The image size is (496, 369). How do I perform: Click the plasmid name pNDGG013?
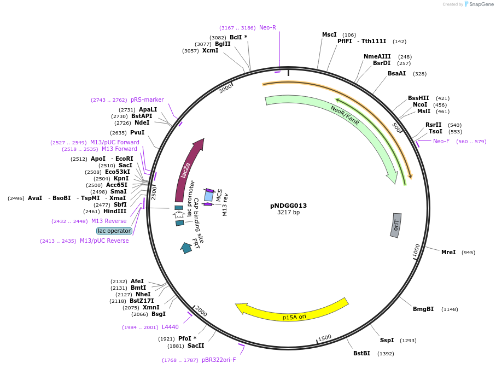pos(288,206)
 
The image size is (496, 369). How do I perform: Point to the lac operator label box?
pos(114,231)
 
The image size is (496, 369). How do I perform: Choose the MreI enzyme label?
pos(448,252)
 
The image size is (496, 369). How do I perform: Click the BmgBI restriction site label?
pos(423,309)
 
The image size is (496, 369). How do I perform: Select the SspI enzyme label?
pos(387,340)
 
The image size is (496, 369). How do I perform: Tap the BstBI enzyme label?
pos(361,353)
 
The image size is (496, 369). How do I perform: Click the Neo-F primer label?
pos(441,142)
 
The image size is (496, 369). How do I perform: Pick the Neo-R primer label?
pos(267,27)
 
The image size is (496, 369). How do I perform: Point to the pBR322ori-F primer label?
pos(219,360)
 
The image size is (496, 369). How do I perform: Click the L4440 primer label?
pos(170,327)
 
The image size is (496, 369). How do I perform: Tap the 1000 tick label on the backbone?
pos(417,251)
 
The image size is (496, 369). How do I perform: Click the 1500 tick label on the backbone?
pos(325,338)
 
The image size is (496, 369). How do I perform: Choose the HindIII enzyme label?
pos(115,211)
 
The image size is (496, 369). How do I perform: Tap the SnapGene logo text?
pos(480,4)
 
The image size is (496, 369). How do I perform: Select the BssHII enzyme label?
pos(418,98)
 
